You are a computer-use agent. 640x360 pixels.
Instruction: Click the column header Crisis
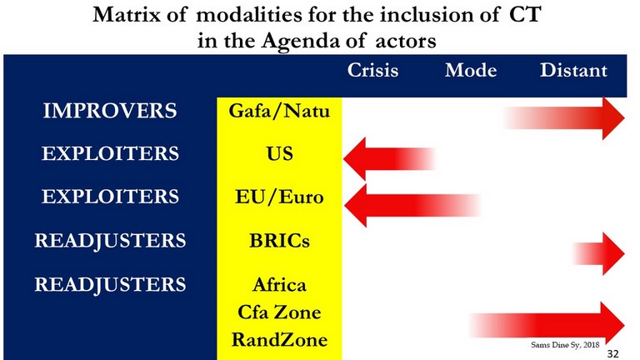tap(372, 70)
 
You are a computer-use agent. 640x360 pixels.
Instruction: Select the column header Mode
tap(471, 70)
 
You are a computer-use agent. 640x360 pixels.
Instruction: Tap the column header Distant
tap(573, 70)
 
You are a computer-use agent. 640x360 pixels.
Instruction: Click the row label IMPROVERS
tap(110, 111)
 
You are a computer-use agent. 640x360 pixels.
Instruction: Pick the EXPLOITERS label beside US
tap(110, 153)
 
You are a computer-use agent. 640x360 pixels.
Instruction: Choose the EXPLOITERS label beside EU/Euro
tap(110, 197)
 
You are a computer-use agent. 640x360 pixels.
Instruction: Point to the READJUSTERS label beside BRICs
tap(110, 240)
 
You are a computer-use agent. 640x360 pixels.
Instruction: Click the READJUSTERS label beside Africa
tap(110, 284)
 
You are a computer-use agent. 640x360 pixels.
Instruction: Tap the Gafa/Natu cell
tap(279, 111)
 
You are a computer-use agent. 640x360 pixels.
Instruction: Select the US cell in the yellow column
tap(280, 154)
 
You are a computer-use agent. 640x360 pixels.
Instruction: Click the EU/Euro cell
tap(279, 197)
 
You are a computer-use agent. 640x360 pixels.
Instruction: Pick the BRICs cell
tap(279, 240)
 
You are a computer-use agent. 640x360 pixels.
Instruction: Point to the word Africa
tap(279, 284)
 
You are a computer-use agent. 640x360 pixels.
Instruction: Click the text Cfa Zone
tap(279, 312)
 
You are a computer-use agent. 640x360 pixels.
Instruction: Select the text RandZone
tap(279, 340)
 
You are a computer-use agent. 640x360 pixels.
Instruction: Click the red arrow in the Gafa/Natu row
tap(564, 118)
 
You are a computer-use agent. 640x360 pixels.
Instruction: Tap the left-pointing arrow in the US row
tap(390, 158)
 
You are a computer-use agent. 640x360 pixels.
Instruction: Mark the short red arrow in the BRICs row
tap(598, 253)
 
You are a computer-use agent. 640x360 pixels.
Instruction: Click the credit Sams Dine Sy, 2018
tap(565, 345)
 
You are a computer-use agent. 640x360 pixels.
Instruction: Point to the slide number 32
tap(612, 353)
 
